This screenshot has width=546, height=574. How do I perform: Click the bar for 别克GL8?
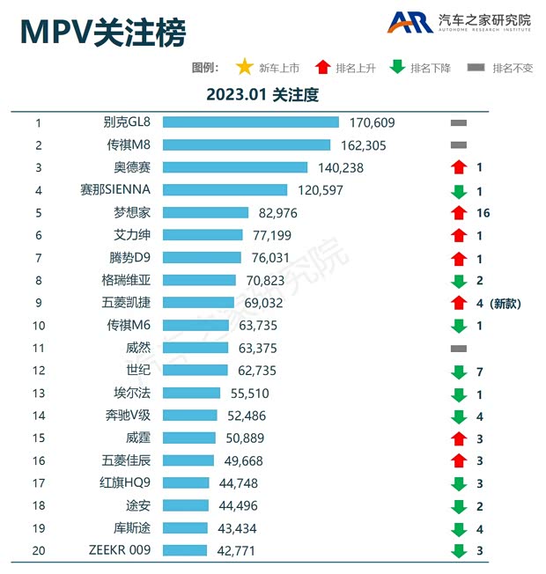tap(250, 122)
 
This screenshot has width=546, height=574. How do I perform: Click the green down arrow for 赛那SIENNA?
tap(458, 190)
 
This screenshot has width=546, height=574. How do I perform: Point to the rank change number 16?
tap(482, 213)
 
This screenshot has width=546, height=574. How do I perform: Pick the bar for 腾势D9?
tap(202, 258)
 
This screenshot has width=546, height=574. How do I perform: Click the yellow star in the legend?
tap(244, 67)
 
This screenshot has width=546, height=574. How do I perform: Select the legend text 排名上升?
tap(356, 68)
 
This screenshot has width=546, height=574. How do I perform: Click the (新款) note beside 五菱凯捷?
tap(506, 304)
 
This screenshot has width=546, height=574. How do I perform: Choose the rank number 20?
tap(39, 550)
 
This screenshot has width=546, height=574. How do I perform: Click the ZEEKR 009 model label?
tap(120, 550)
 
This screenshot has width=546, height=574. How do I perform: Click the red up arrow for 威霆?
tap(458, 438)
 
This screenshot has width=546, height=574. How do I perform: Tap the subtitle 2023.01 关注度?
tap(262, 94)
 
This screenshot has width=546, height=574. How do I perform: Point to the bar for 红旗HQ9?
tap(186, 482)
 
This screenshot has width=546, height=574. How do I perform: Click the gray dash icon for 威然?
tap(458, 349)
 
